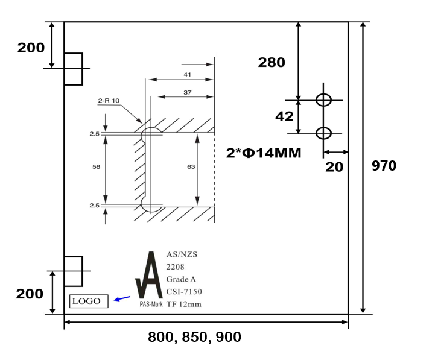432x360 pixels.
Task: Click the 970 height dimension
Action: (384, 166)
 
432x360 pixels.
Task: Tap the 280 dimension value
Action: (272, 62)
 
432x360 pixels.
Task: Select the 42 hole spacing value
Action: (284, 116)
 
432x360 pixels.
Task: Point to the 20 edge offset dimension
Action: (334, 167)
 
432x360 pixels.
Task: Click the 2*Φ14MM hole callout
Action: (264, 153)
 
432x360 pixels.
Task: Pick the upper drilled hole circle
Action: (324, 100)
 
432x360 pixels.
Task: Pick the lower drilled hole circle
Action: (324, 133)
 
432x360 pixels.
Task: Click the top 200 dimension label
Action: (31, 48)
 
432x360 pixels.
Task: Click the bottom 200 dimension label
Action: (30, 294)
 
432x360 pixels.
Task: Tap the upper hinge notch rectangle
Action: (73, 69)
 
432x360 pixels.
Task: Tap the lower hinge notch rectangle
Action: (73, 271)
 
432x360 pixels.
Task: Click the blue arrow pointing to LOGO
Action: (122, 298)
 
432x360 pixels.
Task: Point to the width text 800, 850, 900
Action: (194, 338)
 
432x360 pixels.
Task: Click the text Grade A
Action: (180, 279)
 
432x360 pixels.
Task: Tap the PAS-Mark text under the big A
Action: (151, 305)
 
